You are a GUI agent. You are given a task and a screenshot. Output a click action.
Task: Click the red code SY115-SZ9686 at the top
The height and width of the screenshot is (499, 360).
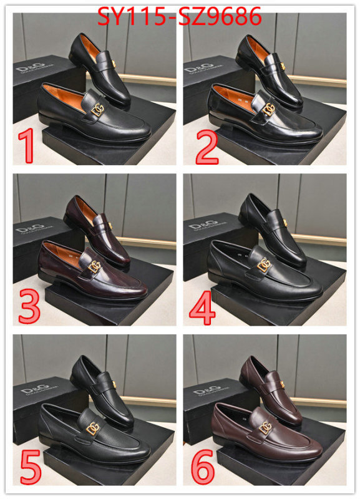pos(180,17)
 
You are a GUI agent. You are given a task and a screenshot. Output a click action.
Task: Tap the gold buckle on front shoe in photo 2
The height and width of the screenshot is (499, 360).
pos(269,110)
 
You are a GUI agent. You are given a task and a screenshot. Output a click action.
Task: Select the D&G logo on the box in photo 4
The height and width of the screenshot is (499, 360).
pos(202,224)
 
